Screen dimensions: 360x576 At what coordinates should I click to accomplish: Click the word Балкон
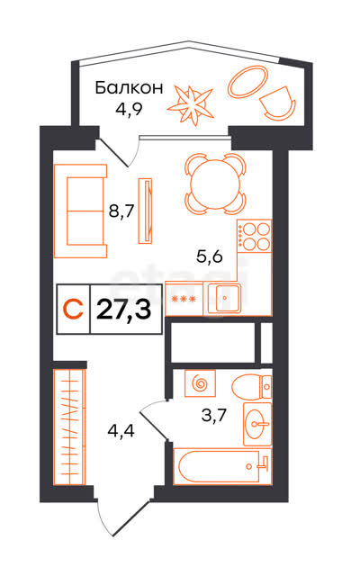click(x=129, y=88)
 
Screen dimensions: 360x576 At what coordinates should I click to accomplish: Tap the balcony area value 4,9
click(x=129, y=109)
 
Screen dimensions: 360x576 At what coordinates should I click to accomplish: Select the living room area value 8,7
click(x=121, y=211)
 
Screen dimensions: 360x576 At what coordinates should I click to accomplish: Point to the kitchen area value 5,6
click(x=210, y=256)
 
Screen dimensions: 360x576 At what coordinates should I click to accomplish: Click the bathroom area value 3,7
click(x=214, y=416)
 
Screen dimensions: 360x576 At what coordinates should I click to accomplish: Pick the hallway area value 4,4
click(x=121, y=430)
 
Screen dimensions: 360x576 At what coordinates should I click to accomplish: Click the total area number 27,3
click(x=124, y=310)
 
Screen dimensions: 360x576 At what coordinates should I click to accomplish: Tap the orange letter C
click(x=73, y=309)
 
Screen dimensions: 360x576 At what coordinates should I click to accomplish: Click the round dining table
click(x=215, y=184)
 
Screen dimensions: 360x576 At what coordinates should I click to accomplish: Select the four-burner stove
click(x=254, y=236)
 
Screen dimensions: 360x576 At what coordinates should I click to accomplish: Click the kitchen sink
click(x=224, y=298)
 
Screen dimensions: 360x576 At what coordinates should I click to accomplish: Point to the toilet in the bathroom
click(x=252, y=386)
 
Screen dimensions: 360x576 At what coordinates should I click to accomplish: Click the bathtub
click(x=222, y=466)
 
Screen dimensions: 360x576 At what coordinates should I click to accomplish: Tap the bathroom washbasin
click(x=257, y=424)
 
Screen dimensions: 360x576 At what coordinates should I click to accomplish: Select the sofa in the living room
click(x=80, y=211)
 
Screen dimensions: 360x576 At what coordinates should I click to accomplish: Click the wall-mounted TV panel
click(x=145, y=211)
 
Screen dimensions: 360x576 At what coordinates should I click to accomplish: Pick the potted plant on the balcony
click(x=191, y=104)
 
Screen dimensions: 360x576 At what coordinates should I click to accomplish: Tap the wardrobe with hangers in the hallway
click(x=70, y=427)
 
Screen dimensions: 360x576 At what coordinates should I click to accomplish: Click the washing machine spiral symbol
click(x=200, y=383)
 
